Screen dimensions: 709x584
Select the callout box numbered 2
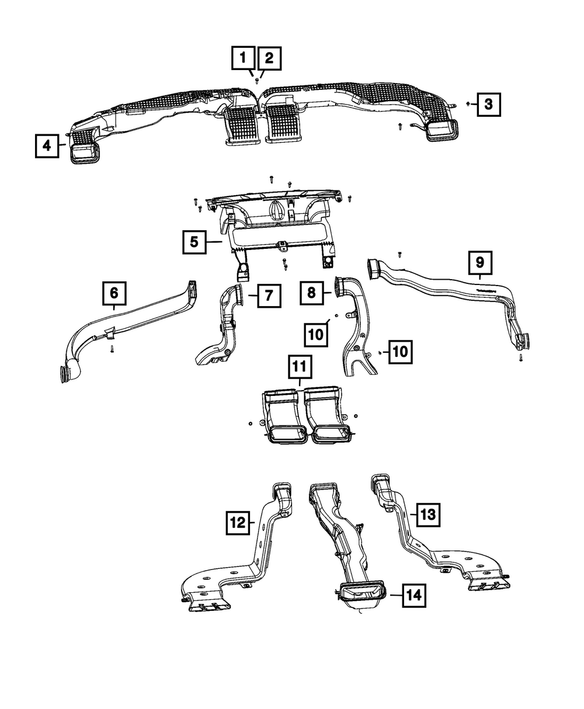pyautogui.click(x=269, y=58)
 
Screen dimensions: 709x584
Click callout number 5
pyautogui.click(x=194, y=241)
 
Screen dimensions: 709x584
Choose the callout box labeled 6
pyautogui.click(x=114, y=294)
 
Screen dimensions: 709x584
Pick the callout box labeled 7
pyautogui.click(x=267, y=296)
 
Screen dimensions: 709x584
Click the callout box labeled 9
pyautogui.click(x=479, y=263)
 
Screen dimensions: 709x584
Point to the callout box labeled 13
pyautogui.click(x=427, y=515)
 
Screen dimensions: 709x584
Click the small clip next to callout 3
pyautogui.click(x=468, y=103)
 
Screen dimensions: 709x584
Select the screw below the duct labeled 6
pyautogui.click(x=111, y=350)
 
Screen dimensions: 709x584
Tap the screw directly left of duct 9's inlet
pyautogui.click(x=399, y=254)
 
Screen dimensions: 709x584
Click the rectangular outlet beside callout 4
pyautogui.click(x=86, y=154)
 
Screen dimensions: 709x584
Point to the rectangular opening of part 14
pyautogui.click(x=361, y=592)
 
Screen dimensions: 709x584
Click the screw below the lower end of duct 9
pyautogui.click(x=520, y=357)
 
